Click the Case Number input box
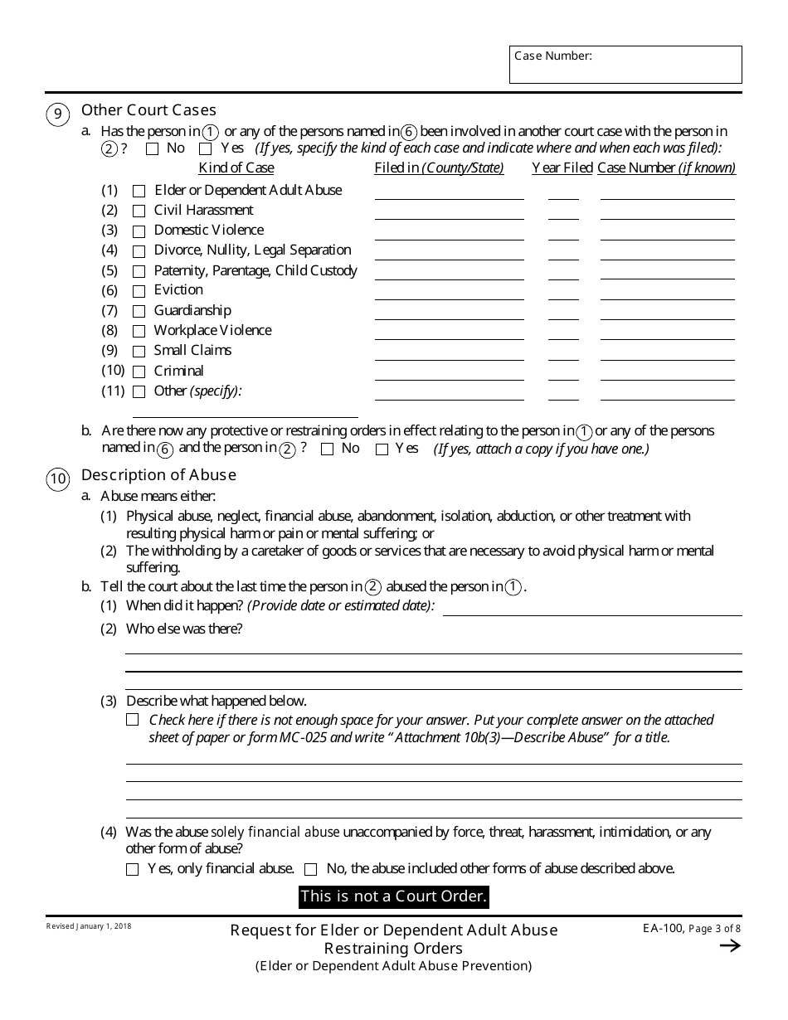(x=625, y=65)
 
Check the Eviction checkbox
(x=139, y=291)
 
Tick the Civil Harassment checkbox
(x=139, y=211)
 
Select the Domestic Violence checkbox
(x=139, y=231)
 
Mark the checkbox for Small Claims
(x=139, y=352)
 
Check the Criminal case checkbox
(x=139, y=372)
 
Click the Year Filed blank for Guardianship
(x=563, y=312)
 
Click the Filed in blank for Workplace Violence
(x=449, y=332)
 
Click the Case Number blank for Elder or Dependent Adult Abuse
(x=667, y=192)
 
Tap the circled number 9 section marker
(x=58, y=114)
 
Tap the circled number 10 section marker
(x=58, y=479)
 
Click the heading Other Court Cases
(x=148, y=110)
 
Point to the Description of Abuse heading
(x=158, y=475)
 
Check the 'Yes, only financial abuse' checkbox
(x=133, y=870)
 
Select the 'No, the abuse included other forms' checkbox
(x=311, y=870)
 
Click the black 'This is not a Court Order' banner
(x=393, y=896)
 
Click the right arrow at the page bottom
(x=730, y=946)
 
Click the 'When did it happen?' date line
(x=592, y=608)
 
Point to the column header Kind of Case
(x=236, y=168)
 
